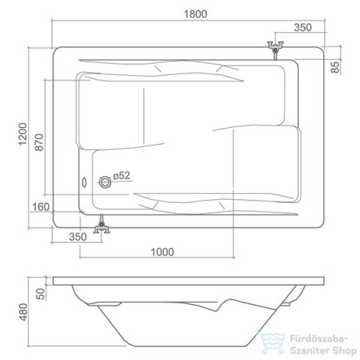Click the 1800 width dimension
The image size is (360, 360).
point(195,14)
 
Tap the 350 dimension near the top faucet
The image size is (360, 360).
point(303,27)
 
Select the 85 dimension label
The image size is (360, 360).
point(336,67)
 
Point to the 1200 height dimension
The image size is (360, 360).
point(23,134)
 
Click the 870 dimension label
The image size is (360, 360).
point(39,142)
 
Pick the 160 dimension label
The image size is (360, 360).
point(40,207)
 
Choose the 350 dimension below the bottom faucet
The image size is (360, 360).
point(78,237)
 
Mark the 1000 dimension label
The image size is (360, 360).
point(162,252)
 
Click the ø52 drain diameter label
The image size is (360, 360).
point(122,176)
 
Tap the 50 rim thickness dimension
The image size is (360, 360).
point(40,294)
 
